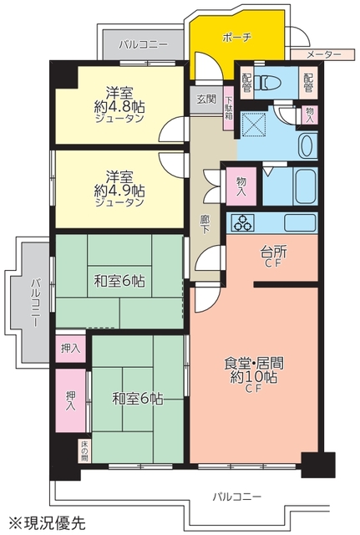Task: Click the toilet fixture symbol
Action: point(268,83)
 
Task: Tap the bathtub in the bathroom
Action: point(306,186)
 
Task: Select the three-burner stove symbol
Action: point(243,222)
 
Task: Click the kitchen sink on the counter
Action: point(300,223)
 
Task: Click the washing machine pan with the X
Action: point(254,124)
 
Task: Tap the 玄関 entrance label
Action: point(206,99)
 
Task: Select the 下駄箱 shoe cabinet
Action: point(229,108)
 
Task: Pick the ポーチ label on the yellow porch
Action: point(237,38)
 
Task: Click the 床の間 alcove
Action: point(84,451)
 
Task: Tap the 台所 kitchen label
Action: point(273,252)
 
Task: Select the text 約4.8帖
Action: point(119,107)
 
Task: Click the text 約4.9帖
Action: point(119,191)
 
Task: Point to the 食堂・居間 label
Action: point(254,364)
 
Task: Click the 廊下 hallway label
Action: point(205,224)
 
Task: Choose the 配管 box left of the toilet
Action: point(246,83)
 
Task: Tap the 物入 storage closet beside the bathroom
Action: point(241,186)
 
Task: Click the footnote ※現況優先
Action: point(47,522)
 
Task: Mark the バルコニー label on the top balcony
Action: point(143,44)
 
